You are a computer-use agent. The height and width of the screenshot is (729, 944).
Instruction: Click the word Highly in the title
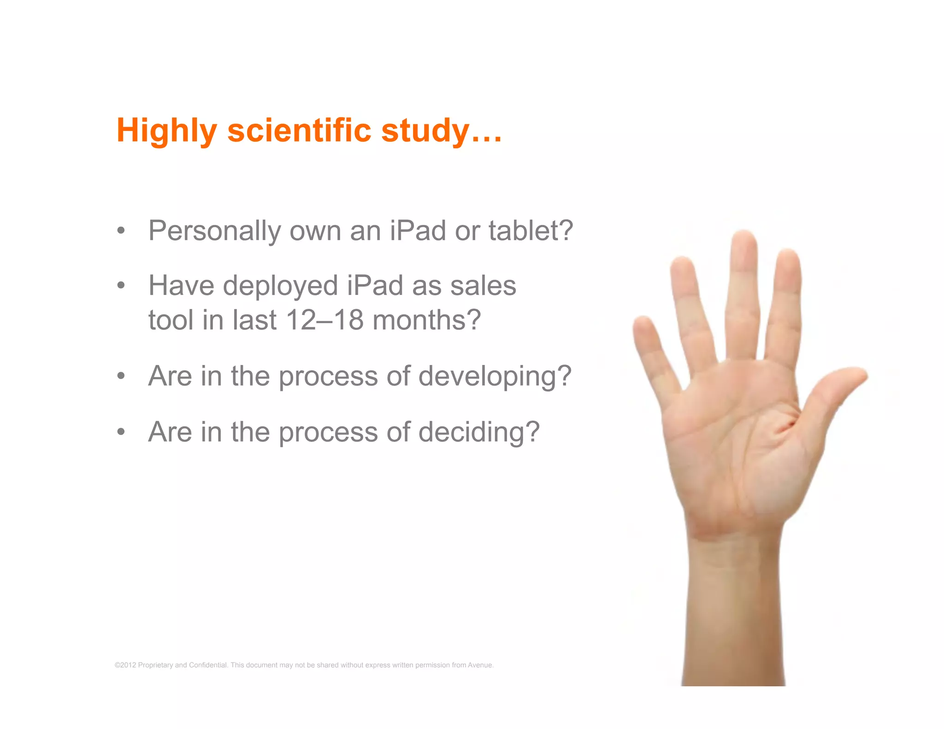coord(166,131)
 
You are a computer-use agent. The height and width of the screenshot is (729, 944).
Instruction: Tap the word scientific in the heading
coord(299,130)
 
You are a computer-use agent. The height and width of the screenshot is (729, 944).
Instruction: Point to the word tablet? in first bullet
coord(531,230)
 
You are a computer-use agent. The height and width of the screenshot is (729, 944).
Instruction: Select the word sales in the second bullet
coord(483,286)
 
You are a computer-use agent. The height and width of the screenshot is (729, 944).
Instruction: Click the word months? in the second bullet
coord(426,320)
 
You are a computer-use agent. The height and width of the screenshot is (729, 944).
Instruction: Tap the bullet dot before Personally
coord(121,230)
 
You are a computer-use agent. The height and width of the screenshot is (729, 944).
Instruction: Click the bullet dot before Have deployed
coord(121,286)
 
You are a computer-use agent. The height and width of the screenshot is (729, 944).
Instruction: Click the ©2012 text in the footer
coord(125,665)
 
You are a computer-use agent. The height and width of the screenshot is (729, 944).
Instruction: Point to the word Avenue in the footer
coord(480,665)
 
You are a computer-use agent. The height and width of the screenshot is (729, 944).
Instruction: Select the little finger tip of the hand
coord(643,325)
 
